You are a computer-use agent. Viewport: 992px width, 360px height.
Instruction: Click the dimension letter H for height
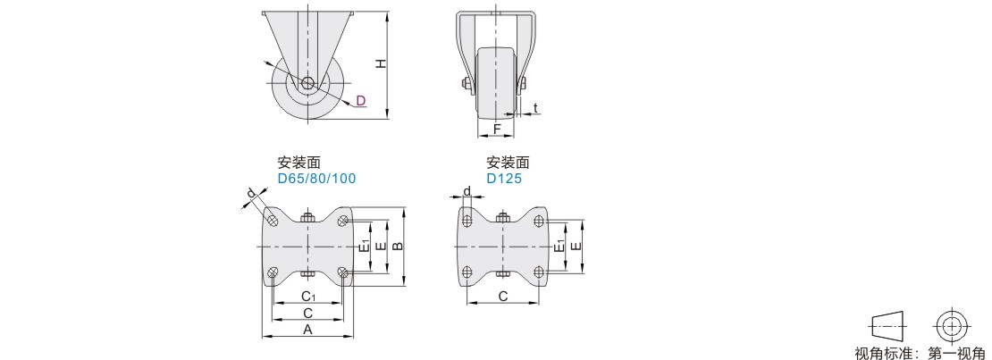click(x=380, y=63)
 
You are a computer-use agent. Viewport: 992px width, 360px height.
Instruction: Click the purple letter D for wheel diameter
click(x=361, y=100)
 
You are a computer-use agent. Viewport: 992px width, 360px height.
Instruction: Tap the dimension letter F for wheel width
click(x=497, y=129)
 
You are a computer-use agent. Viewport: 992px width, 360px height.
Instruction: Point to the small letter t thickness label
click(x=535, y=108)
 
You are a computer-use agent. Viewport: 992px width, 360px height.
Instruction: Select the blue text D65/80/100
click(x=317, y=179)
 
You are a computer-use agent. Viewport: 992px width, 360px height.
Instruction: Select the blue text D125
click(x=504, y=179)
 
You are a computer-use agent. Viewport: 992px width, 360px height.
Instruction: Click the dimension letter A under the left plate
click(x=307, y=329)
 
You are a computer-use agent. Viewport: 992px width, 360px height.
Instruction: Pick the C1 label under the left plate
click(x=308, y=296)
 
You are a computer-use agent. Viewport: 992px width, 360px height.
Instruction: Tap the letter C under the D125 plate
click(x=503, y=296)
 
